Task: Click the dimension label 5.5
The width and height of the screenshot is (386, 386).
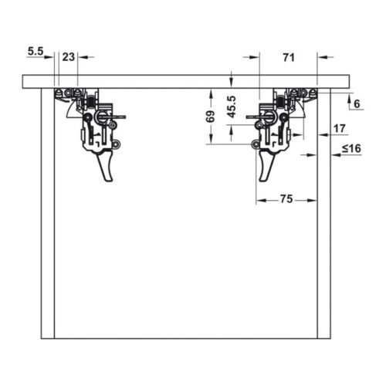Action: tap(36, 52)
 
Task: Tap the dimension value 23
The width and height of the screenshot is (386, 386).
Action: tap(69, 57)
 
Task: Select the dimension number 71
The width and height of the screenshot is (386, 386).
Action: tap(289, 57)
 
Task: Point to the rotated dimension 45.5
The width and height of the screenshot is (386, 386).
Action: tap(232, 107)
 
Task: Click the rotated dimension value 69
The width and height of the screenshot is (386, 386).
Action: tap(211, 117)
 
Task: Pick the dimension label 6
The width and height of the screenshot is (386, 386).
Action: tap(357, 104)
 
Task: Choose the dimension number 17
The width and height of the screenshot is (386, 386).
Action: tap(340, 128)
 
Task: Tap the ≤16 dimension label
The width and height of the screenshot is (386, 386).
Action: tap(351, 148)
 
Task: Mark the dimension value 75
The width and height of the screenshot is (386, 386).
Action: tap(286, 199)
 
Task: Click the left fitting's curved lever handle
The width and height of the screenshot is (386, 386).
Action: tap(106, 166)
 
